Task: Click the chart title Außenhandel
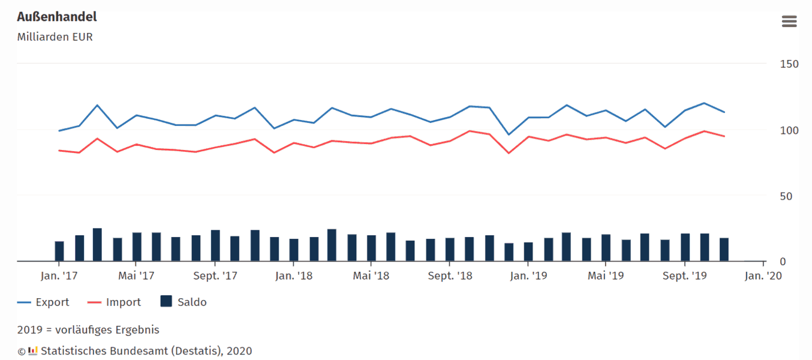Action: (x=57, y=17)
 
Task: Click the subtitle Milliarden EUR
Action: (x=55, y=37)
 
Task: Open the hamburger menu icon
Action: (x=789, y=22)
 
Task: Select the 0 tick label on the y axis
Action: (x=782, y=262)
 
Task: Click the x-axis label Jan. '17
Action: (x=58, y=276)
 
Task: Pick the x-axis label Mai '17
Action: (x=136, y=276)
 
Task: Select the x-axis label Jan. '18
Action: (x=293, y=276)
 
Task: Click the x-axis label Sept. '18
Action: (x=449, y=276)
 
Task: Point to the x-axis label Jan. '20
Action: (x=763, y=276)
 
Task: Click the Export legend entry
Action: (x=52, y=302)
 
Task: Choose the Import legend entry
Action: (x=123, y=302)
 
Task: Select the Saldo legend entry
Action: (x=191, y=302)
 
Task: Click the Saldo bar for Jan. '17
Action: (x=59, y=251)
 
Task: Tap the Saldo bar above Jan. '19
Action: (x=528, y=252)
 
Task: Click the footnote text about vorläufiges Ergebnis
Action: (x=88, y=330)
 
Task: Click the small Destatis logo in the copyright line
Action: (x=33, y=350)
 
